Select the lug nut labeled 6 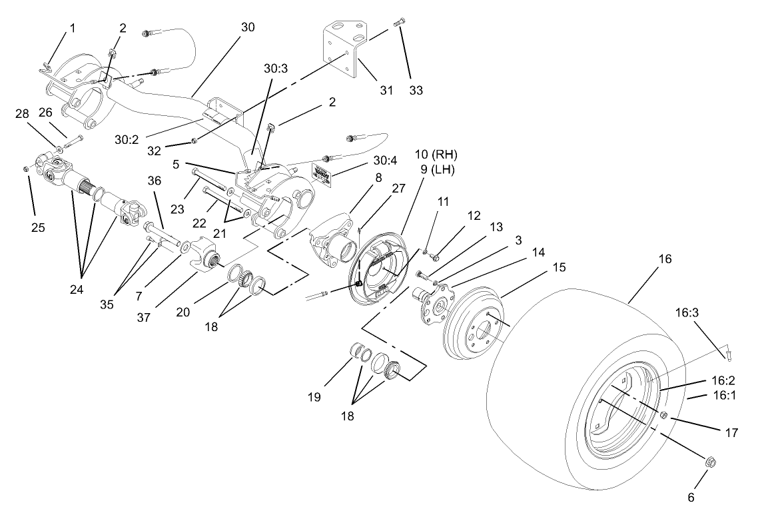(711, 461)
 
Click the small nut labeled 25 (26, 168)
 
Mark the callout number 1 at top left (73, 28)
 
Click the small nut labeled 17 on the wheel (664, 416)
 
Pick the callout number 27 (398, 189)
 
